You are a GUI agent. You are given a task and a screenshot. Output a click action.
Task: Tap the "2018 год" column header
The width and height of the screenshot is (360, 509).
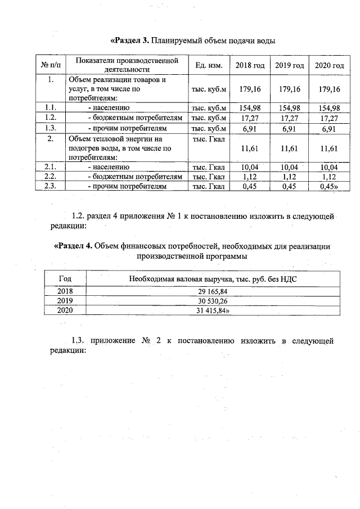(x=250, y=66)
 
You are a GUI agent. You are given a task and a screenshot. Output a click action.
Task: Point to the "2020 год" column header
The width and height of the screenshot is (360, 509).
(x=329, y=66)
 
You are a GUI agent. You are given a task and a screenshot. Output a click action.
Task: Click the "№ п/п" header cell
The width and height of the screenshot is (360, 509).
(x=51, y=66)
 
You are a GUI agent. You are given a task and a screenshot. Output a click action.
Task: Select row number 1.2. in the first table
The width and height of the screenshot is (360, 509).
(x=51, y=118)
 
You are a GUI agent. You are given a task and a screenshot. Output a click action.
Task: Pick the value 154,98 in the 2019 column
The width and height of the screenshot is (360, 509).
(x=289, y=108)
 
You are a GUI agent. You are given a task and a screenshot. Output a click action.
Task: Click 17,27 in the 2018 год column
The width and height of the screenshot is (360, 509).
(x=250, y=118)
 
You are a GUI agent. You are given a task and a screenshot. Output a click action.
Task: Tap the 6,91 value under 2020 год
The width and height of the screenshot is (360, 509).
(x=329, y=128)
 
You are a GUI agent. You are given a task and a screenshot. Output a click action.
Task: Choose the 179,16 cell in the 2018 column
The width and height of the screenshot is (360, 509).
(x=250, y=89)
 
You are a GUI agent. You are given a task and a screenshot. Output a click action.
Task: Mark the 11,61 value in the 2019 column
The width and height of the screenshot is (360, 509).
(x=289, y=148)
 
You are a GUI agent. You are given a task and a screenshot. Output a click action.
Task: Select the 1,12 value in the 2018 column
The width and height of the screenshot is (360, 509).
(x=250, y=177)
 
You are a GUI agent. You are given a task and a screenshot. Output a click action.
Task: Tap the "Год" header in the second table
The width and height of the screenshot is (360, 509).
(x=65, y=278)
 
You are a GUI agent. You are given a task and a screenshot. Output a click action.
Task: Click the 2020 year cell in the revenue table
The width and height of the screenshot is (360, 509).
(x=65, y=310)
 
